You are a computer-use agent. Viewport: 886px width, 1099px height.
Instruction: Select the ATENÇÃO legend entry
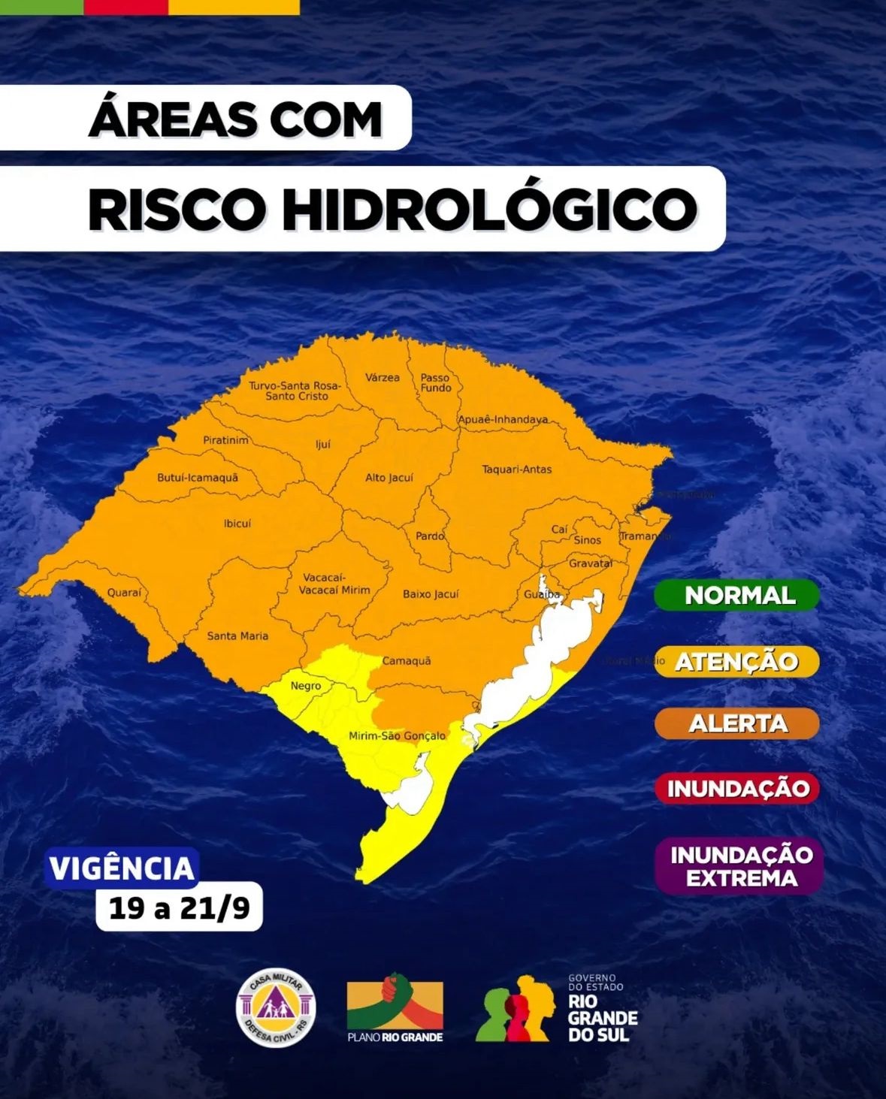coord(736,662)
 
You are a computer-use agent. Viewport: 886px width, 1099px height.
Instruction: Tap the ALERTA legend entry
coord(737,723)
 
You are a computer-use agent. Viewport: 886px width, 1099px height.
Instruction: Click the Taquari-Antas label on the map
coord(516,469)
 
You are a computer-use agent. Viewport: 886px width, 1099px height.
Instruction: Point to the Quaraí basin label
coord(124,593)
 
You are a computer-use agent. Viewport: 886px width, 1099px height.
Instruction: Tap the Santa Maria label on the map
coord(237,636)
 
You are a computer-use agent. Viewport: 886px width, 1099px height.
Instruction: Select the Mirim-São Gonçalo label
coord(397,736)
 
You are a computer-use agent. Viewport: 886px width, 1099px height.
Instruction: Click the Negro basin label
coord(306,686)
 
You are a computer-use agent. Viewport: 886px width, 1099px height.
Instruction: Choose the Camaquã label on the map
coord(407,661)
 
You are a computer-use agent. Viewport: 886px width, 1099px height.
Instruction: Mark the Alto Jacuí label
coord(389,478)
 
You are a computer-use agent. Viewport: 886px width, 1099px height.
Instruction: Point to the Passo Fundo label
coord(436,382)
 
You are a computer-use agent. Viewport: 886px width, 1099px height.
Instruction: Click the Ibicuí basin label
coord(237,524)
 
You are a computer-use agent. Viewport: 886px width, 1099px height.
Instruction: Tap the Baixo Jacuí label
coord(430,594)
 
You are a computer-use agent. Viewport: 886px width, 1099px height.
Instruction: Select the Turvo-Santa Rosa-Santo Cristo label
coord(295,391)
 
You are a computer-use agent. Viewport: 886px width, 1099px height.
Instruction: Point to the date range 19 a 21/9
coord(179,909)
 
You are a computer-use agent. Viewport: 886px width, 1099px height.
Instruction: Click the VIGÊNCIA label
coord(122,868)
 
